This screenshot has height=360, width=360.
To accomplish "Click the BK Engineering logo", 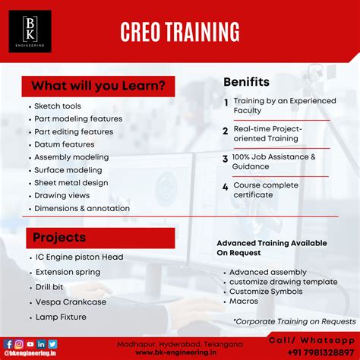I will [x=30, y=31].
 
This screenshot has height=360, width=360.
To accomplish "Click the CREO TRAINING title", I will [x=180, y=31].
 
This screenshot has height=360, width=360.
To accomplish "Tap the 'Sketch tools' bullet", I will [x=58, y=106].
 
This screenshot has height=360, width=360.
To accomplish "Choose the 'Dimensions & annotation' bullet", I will [x=82, y=208].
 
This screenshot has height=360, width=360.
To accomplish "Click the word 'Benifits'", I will [x=248, y=81].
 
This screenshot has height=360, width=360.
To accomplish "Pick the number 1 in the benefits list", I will [x=226, y=102].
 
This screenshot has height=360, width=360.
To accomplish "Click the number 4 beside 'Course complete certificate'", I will [x=225, y=186].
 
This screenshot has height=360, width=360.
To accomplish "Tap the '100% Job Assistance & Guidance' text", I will [x=274, y=162].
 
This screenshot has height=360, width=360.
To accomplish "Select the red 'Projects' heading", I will [x=59, y=238].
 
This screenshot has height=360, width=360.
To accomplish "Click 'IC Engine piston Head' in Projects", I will [x=78, y=257].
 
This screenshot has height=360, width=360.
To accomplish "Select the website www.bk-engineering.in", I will [x=176, y=352].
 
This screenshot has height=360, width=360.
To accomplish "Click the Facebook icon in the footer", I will [x=9, y=344].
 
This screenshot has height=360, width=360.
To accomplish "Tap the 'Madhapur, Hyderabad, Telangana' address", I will [x=176, y=343].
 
